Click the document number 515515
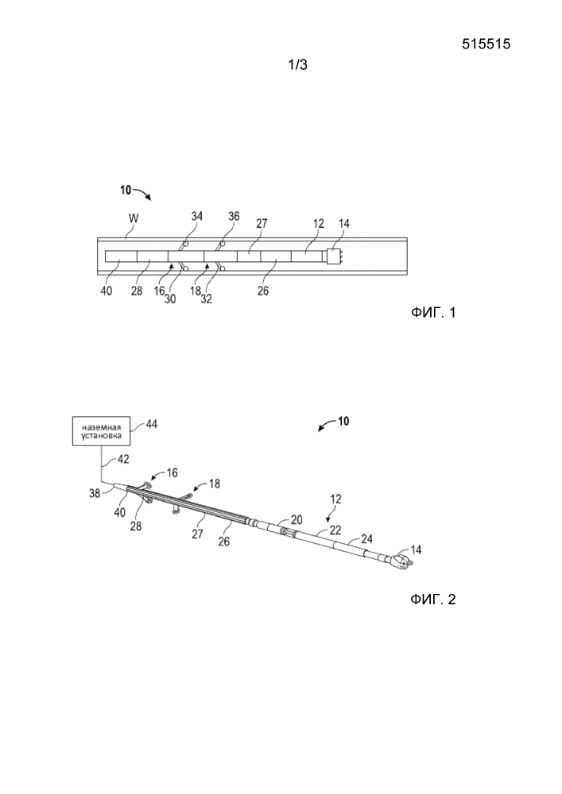[486, 45]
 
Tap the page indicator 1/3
[297, 67]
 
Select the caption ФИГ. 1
[433, 313]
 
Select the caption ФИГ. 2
[433, 599]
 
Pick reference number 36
[234, 214]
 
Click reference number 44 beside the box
[149, 426]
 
